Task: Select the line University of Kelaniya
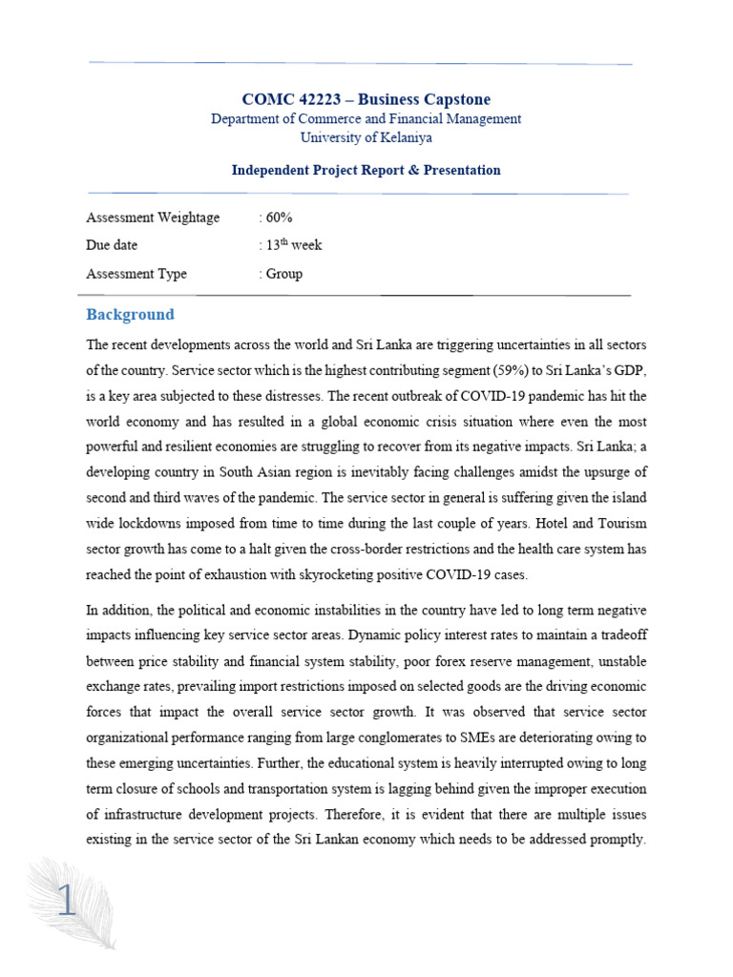[366, 137]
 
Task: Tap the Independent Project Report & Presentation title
[366, 170]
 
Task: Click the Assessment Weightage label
[153, 218]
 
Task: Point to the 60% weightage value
[275, 218]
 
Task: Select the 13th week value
[291, 245]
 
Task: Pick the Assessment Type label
[136, 274]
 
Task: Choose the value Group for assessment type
[283, 274]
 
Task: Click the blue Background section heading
[131, 314]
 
